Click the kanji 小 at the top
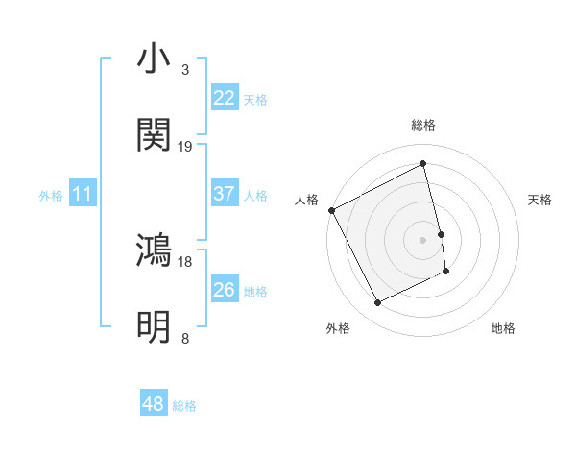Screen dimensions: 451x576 click(x=154, y=59)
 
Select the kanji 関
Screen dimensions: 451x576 click(x=154, y=135)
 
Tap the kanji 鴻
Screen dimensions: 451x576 click(x=154, y=250)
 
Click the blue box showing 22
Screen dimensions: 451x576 click(x=225, y=98)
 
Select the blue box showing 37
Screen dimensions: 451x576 click(x=225, y=194)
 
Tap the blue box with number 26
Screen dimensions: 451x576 click(x=225, y=290)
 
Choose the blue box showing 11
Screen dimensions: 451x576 click(x=82, y=195)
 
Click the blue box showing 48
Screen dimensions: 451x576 click(x=153, y=405)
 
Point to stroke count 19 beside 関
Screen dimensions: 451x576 click(x=185, y=147)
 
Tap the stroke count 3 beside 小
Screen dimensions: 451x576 click(x=185, y=70)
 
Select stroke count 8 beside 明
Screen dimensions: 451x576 click(x=185, y=339)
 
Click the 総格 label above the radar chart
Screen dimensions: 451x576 click(x=423, y=125)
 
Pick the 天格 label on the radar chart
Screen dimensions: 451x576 click(x=540, y=200)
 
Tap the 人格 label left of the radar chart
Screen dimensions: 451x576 click(x=307, y=200)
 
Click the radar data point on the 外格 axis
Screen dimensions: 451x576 click(x=378, y=303)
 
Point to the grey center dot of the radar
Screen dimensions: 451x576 click(x=423, y=240)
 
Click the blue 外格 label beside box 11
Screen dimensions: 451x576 click(x=51, y=196)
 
